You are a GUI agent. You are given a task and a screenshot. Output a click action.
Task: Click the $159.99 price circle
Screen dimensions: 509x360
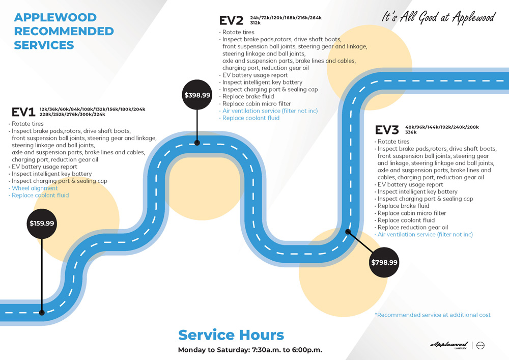(42, 224)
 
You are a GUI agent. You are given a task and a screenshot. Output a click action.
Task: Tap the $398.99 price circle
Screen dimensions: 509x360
(197, 95)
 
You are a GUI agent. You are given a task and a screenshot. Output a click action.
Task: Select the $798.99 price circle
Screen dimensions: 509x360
(384, 262)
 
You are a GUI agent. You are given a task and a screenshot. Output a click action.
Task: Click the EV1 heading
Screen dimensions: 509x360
(23, 112)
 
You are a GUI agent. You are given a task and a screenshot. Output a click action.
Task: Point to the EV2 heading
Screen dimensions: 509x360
(231, 20)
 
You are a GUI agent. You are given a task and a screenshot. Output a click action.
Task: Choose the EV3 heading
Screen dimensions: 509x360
(387, 130)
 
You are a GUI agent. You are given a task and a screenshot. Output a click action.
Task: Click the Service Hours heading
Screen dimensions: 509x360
(231, 335)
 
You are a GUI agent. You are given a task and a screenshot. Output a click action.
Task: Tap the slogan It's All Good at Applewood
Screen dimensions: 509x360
(439, 17)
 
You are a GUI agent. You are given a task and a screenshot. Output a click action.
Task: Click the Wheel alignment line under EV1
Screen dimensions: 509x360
(35, 188)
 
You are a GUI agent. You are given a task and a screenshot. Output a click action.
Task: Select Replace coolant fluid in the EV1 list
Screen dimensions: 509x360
(40, 195)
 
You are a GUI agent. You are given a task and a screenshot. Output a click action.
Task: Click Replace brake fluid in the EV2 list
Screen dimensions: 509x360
(248, 96)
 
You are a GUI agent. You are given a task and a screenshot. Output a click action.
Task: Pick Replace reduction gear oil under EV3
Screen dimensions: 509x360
(413, 227)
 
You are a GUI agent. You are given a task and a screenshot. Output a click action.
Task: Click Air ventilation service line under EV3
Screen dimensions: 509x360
(425, 234)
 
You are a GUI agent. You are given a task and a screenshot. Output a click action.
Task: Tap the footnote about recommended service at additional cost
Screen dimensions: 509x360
(433, 315)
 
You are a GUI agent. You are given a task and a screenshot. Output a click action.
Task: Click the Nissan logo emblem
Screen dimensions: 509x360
(480, 345)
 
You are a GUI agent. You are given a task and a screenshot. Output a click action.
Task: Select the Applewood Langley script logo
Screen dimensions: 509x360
(449, 345)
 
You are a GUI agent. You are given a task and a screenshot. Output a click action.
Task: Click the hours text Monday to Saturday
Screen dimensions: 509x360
(250, 350)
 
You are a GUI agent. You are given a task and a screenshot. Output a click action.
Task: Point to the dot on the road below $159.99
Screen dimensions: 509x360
(42, 313)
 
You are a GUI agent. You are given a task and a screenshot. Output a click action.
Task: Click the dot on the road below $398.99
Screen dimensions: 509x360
(197, 143)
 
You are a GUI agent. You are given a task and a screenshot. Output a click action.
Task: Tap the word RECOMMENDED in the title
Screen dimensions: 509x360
(64, 31)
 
